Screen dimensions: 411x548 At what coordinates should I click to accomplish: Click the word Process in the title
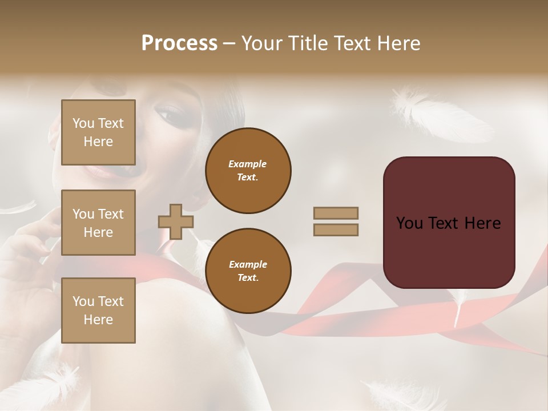pos(179,43)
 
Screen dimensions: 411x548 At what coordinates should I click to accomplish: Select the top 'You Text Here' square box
pos(98,132)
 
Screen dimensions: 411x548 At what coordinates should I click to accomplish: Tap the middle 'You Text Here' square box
pos(98,223)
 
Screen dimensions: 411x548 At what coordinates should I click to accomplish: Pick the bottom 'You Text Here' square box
pos(98,310)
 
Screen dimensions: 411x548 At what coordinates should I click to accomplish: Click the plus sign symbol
pos(175,221)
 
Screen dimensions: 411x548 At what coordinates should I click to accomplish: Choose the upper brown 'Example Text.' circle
pos(248,171)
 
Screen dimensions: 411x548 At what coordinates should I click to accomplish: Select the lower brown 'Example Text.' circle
pos(248,271)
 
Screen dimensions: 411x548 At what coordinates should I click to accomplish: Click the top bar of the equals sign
pos(336,213)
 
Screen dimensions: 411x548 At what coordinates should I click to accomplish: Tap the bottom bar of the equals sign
pos(336,229)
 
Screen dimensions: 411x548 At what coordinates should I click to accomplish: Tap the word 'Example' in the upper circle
pos(248,164)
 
